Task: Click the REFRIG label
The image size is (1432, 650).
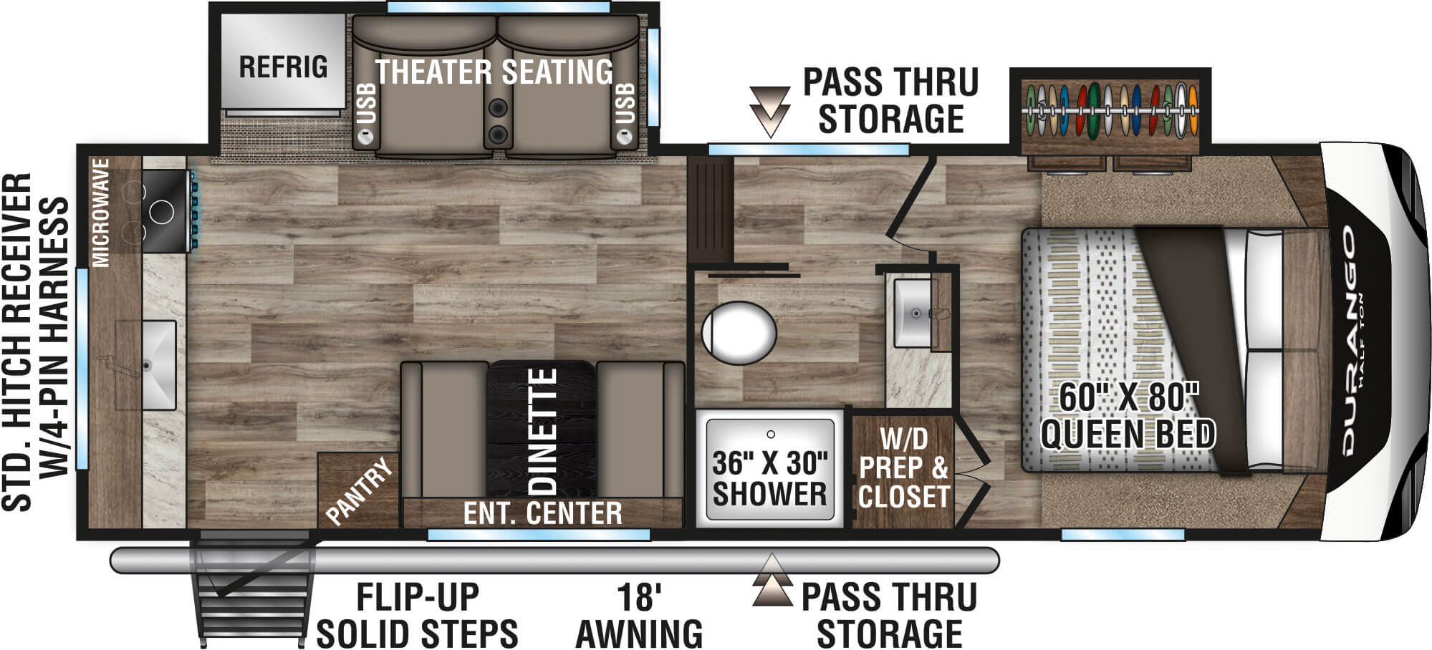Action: pos(283,67)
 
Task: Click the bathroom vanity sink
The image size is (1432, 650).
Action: pos(914,312)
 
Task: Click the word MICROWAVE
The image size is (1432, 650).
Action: pos(102,213)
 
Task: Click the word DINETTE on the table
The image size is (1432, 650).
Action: pos(543,431)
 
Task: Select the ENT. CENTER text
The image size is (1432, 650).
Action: pos(542,513)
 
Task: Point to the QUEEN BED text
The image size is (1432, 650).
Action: pos(1128,435)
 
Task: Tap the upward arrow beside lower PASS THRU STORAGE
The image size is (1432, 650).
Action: pos(772,580)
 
